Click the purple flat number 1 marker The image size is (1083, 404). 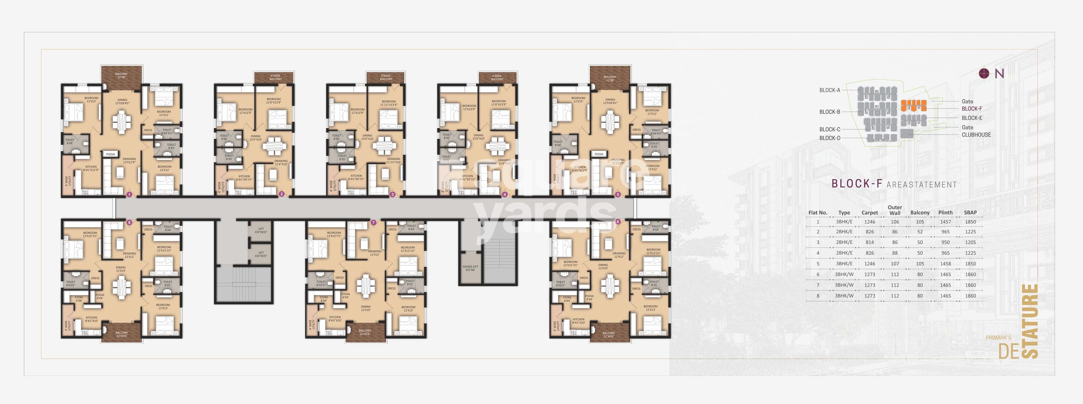tap(129, 195)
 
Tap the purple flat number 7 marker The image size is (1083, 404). tap(373, 222)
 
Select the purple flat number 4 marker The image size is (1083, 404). tap(505, 195)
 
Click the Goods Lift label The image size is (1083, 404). tap(470, 268)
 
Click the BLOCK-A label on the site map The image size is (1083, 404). tap(830, 90)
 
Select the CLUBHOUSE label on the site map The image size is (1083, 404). tap(976, 135)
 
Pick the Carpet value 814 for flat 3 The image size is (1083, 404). tap(869, 242)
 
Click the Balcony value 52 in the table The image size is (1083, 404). tap(920, 232)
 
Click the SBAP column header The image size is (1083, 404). tap(970, 213)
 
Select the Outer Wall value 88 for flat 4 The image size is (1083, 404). tap(895, 253)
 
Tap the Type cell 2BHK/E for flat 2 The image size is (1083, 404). tap(844, 232)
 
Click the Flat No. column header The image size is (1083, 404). tap(818, 213)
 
